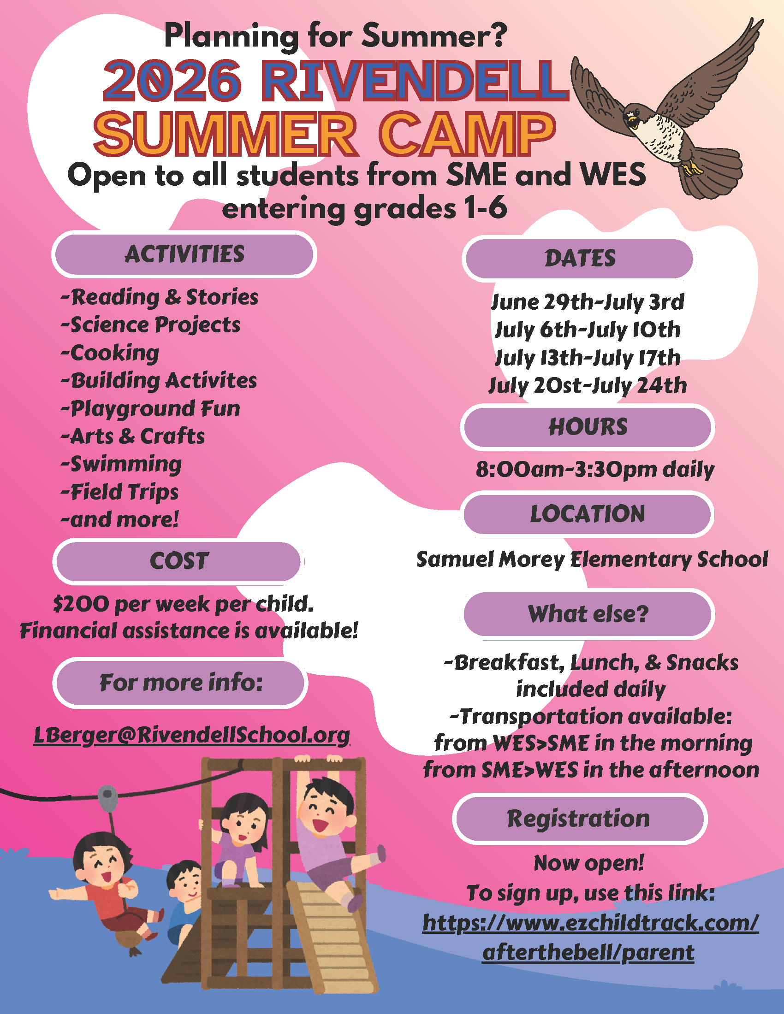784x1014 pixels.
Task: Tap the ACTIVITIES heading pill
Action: tap(184, 254)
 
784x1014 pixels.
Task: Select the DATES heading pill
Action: tap(579, 259)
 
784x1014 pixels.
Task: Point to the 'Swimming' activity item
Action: tap(122, 464)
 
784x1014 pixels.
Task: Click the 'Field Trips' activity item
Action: tap(120, 492)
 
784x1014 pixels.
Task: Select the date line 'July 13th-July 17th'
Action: tap(588, 358)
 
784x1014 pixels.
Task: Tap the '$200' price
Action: tap(81, 604)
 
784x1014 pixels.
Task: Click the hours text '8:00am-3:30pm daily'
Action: tap(594, 469)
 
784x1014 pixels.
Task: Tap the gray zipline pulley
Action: tap(107, 798)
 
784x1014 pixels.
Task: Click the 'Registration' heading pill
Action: tap(579, 818)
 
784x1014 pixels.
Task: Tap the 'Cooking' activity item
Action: tap(111, 353)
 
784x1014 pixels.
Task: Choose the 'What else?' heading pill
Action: tap(588, 614)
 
